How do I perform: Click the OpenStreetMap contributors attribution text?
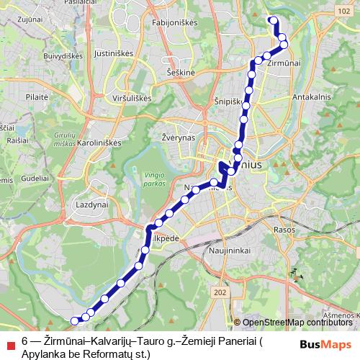(297, 323)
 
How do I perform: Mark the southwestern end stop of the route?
(75, 320)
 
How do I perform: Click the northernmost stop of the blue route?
(272, 20)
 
